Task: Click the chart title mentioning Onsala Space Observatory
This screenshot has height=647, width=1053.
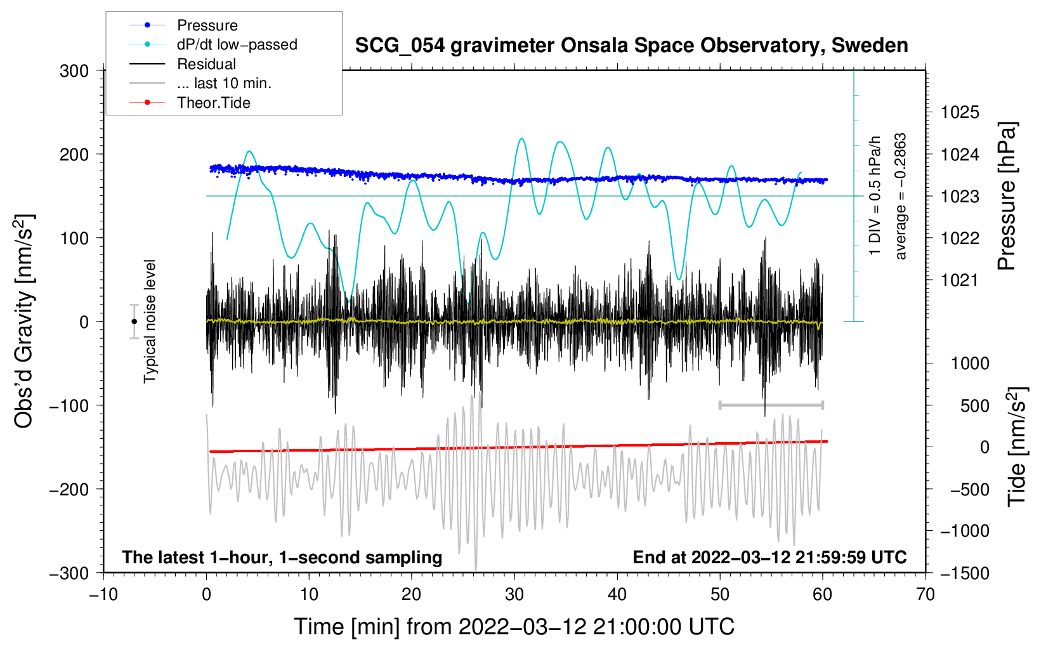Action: tap(631, 46)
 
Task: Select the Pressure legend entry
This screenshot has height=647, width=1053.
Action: tap(207, 25)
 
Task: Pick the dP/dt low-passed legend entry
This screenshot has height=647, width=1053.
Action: tap(237, 44)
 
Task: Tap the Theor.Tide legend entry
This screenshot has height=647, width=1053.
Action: tap(213, 103)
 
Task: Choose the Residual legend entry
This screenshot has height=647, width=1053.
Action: tap(206, 64)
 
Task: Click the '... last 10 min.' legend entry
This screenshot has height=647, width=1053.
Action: tap(224, 83)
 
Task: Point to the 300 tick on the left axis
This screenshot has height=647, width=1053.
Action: tap(74, 71)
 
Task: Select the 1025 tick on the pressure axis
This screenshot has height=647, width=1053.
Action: tap(960, 113)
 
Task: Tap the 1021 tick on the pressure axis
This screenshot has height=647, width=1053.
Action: tap(960, 280)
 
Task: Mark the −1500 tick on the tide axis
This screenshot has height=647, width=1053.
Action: tap(964, 573)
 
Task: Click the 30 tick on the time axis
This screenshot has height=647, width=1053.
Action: tap(514, 595)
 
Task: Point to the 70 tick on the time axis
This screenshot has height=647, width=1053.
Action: tap(925, 595)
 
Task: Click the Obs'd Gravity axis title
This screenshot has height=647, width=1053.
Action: tap(23, 321)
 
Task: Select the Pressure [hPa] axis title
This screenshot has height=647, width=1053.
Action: tap(1007, 196)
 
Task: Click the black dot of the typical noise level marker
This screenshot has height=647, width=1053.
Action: tap(134, 322)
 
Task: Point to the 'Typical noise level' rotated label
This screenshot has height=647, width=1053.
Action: tap(150, 321)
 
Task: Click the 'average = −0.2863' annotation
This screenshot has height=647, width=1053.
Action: tap(901, 196)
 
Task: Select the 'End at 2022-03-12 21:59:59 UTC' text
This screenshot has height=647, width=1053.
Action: tap(769, 558)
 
